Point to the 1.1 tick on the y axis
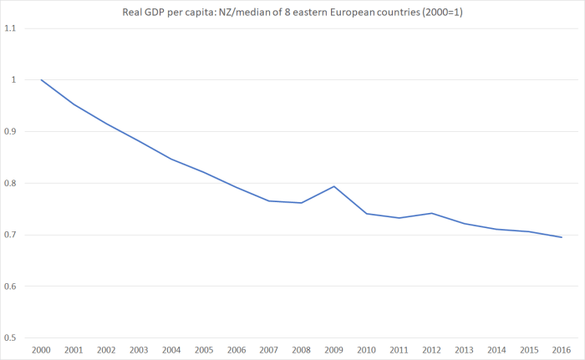11,28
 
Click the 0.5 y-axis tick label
11,338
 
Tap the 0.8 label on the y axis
11,184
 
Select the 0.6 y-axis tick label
11,286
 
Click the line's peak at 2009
333,186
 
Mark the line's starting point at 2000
41,80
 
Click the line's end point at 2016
561,237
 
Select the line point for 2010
366,214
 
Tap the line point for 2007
268,200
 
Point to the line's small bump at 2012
431,213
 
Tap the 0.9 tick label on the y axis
11,132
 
